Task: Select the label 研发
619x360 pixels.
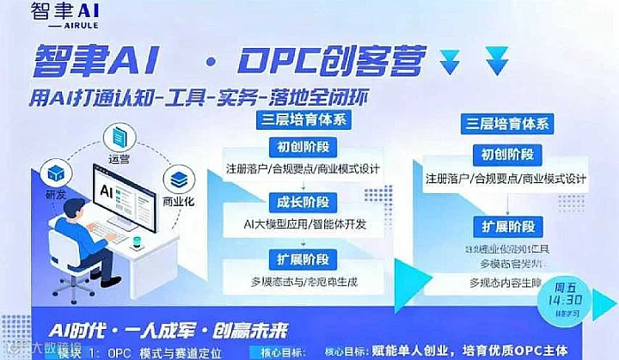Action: pos(55,194)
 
